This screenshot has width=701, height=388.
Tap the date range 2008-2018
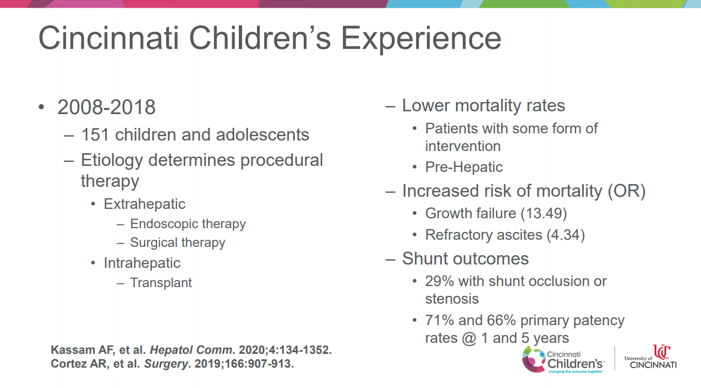pos(106,107)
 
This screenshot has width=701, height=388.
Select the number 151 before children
pos(95,135)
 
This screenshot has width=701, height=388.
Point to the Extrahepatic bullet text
pos(145,204)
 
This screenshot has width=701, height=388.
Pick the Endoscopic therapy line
pos(188,224)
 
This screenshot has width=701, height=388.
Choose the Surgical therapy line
pos(177,243)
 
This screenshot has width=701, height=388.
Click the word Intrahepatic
pos(142,263)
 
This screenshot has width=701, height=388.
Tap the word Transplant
pos(161,283)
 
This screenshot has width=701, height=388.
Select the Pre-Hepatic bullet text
pos(464,167)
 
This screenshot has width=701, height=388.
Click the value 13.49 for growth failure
pos(544,213)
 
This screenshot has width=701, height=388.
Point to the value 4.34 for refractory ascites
pos(566,235)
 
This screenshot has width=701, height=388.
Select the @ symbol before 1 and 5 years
pos(469,338)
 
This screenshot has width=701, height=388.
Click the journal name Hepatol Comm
pos(191,350)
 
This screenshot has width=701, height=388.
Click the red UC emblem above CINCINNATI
pos(661,352)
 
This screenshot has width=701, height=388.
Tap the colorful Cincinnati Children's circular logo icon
pos(534,359)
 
